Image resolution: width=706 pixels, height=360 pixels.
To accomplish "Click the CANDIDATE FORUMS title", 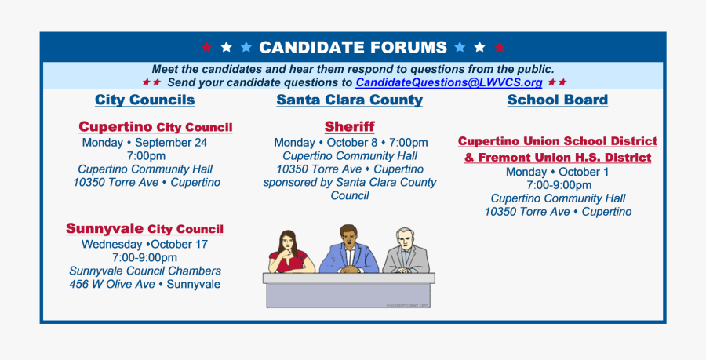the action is point(353,47).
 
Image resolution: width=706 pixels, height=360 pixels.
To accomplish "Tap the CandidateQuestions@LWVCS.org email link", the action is point(449,83).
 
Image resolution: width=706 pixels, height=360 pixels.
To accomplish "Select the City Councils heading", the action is point(144,100).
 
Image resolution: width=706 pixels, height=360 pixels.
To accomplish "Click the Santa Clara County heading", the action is point(349,100).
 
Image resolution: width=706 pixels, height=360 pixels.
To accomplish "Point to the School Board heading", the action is point(558,100).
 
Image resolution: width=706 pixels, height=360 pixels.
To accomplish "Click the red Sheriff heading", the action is point(349,127).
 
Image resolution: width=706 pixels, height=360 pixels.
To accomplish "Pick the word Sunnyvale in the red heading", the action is point(104,228).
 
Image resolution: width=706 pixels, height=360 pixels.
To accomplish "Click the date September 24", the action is point(171,143).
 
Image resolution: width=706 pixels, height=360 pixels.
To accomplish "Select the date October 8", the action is point(352,143).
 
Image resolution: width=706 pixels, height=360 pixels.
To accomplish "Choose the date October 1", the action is point(584,172).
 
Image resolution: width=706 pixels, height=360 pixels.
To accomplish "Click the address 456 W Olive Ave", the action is point(112,285).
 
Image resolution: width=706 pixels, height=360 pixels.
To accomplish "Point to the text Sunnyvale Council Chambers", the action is point(145,271).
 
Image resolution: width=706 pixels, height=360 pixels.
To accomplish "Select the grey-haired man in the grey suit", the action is point(406,251).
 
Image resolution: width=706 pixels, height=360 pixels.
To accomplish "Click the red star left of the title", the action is point(206,47).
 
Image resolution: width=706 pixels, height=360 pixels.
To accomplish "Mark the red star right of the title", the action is point(500,47).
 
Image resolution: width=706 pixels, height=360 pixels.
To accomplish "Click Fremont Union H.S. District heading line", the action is point(558,158).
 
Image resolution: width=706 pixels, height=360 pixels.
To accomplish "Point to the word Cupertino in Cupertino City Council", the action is point(116,127).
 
